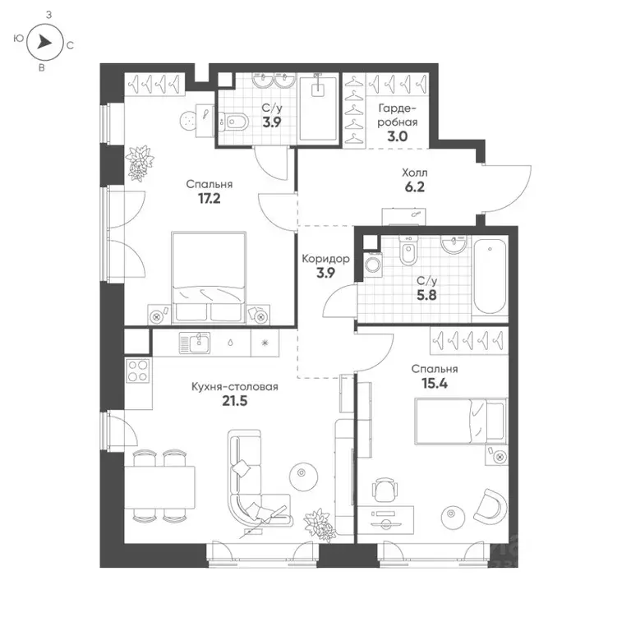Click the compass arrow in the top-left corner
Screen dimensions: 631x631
tap(46, 41)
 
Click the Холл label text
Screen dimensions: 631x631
tap(415, 173)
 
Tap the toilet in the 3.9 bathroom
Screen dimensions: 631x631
tap(237, 122)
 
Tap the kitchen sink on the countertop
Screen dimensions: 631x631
tap(197, 342)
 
